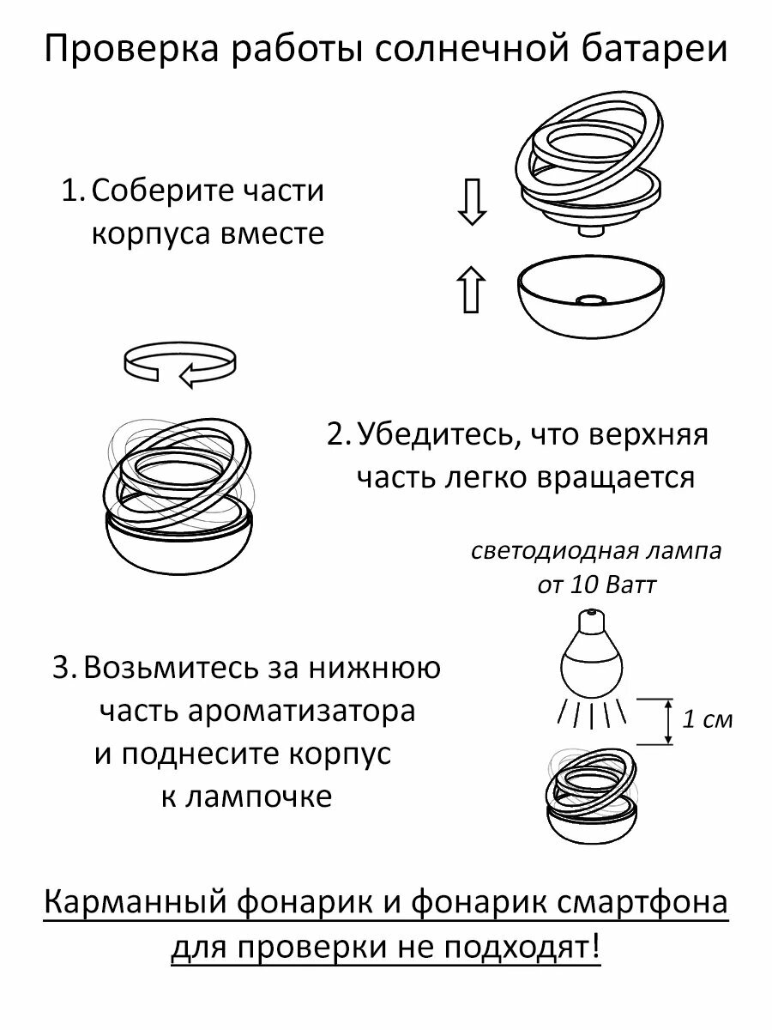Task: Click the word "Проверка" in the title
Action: (x=120, y=50)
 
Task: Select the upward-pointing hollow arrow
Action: (x=471, y=289)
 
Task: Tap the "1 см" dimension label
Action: (x=708, y=719)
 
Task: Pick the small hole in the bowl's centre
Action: (x=590, y=300)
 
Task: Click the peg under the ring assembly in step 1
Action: (x=591, y=230)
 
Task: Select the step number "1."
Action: (x=73, y=191)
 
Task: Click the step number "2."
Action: (x=339, y=435)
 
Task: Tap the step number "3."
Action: (x=65, y=668)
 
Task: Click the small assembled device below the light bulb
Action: (x=593, y=795)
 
